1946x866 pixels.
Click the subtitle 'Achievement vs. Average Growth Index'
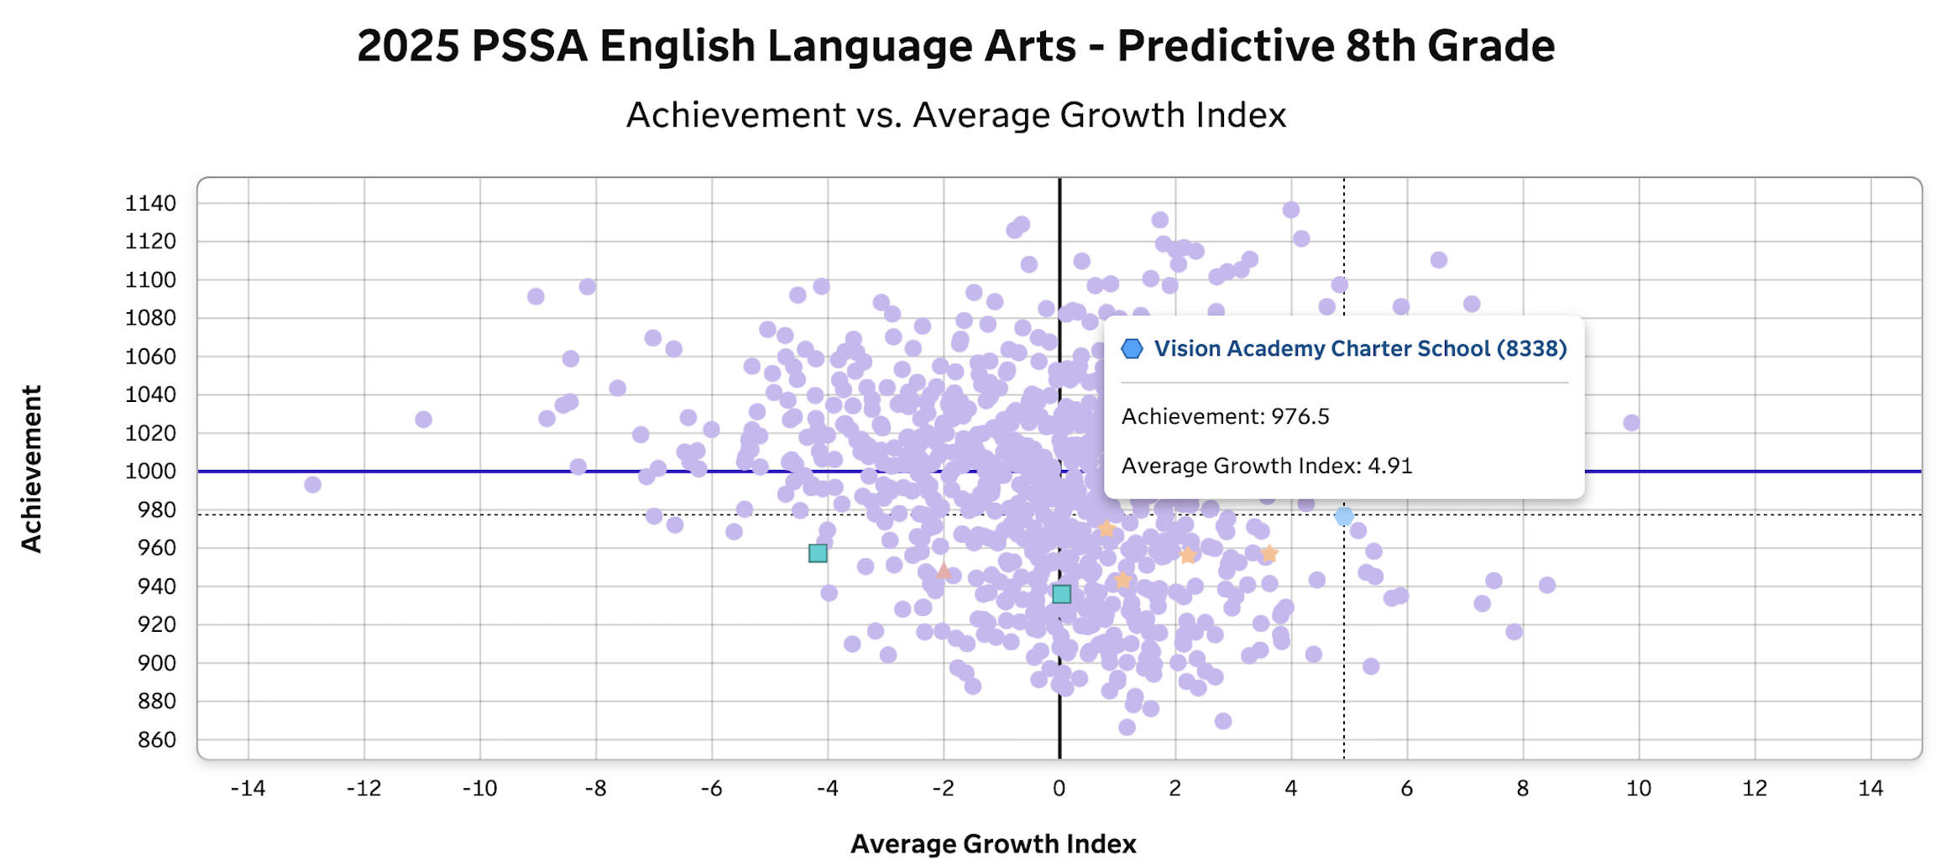955,115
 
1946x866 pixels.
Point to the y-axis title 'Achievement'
32,468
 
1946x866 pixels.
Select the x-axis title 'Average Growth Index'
993,843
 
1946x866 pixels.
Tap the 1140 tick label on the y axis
150,203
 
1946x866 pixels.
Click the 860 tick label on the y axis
157,739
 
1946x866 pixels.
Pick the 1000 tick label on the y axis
150,471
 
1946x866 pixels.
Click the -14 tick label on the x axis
248,788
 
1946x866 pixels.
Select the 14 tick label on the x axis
1870,788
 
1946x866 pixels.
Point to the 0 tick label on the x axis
1059,788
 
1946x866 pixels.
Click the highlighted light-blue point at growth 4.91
1344,516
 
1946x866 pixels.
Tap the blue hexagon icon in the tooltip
1132,349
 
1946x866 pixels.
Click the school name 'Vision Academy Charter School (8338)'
1360,349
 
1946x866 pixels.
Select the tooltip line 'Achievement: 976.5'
1225,416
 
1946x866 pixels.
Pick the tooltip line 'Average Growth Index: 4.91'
1266,466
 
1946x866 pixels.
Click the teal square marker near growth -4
818,553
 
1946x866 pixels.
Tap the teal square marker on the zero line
1061,594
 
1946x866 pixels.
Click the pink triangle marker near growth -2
944,571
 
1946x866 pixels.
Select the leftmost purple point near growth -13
312,484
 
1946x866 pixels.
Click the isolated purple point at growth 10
1630,422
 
